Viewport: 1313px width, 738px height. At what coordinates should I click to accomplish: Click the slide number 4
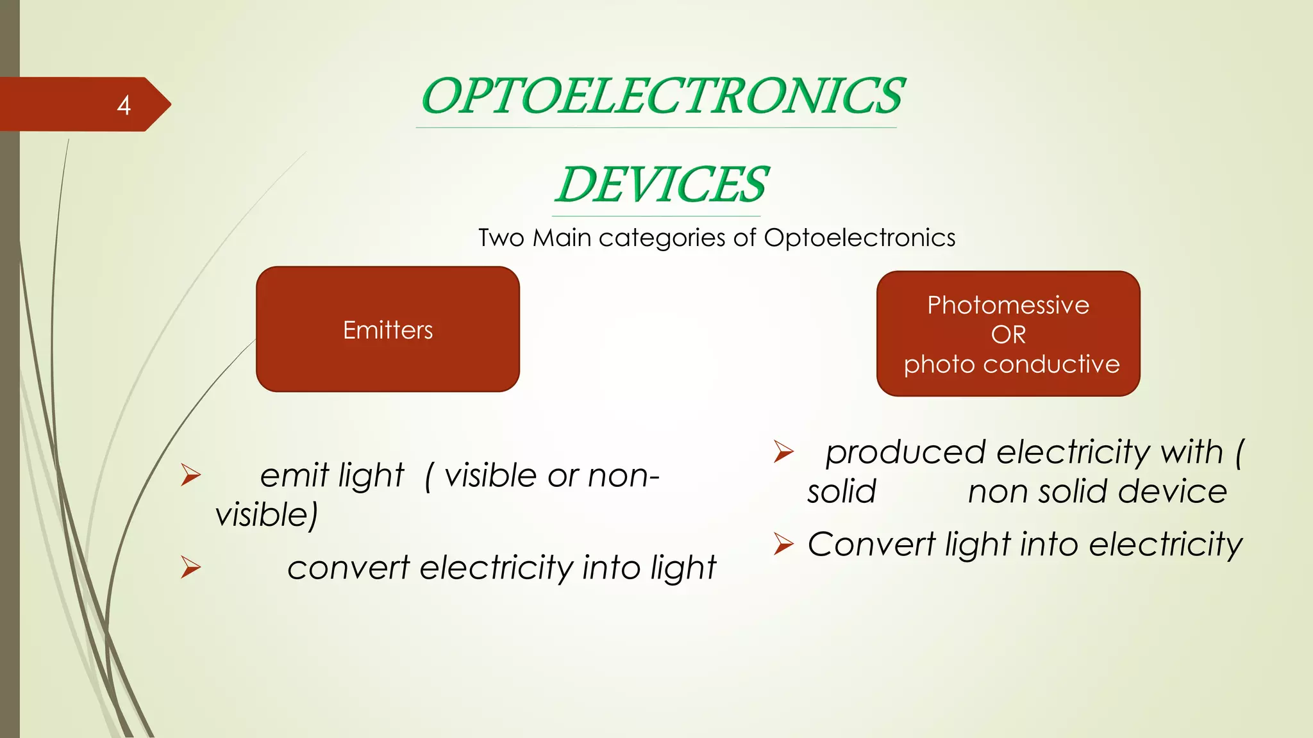point(124,105)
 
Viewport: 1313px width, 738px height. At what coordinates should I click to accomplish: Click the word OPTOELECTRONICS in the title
point(662,96)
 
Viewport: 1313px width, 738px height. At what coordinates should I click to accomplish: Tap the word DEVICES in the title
point(661,184)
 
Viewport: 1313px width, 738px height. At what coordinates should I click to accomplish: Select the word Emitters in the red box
point(388,330)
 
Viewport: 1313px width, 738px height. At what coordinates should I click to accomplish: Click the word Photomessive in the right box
point(1008,305)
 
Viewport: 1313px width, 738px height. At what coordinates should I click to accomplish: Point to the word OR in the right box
point(1008,334)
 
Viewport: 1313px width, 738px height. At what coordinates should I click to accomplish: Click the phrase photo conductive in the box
point(1011,364)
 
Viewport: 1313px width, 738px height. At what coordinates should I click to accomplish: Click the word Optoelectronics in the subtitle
point(859,238)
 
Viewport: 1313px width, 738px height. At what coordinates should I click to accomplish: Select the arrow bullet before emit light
point(190,475)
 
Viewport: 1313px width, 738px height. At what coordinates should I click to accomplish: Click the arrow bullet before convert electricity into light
point(190,567)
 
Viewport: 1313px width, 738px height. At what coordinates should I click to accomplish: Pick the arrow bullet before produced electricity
point(783,452)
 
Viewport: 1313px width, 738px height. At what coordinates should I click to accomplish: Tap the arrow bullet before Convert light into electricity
point(783,544)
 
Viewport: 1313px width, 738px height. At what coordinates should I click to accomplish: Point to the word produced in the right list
point(905,452)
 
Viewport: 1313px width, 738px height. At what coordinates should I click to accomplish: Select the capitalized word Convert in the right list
point(871,545)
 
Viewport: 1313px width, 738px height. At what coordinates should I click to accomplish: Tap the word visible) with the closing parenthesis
point(266,515)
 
